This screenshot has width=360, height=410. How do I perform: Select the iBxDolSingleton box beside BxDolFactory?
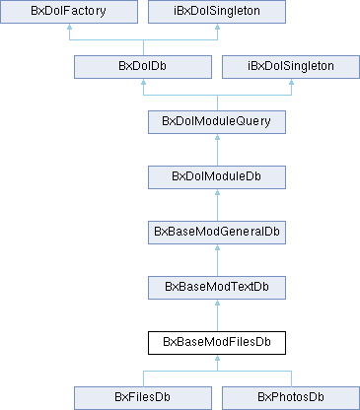(x=216, y=12)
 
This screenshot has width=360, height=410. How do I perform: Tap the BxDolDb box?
(x=144, y=67)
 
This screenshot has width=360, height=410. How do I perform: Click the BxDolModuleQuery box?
(x=216, y=122)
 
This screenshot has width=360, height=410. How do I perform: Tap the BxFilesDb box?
(x=144, y=397)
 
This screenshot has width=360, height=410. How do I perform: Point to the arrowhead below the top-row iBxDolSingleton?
(x=216, y=30)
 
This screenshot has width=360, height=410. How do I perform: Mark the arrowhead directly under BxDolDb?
(x=144, y=85)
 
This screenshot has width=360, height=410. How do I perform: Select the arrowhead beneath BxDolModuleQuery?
(x=216, y=140)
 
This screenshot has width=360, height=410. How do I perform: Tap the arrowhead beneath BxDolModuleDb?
(x=216, y=195)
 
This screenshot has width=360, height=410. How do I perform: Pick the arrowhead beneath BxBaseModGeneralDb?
(x=216, y=250)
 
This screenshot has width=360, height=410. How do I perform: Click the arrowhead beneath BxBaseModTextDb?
(x=216, y=306)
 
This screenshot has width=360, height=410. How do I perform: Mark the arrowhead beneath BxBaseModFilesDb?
(x=216, y=361)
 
